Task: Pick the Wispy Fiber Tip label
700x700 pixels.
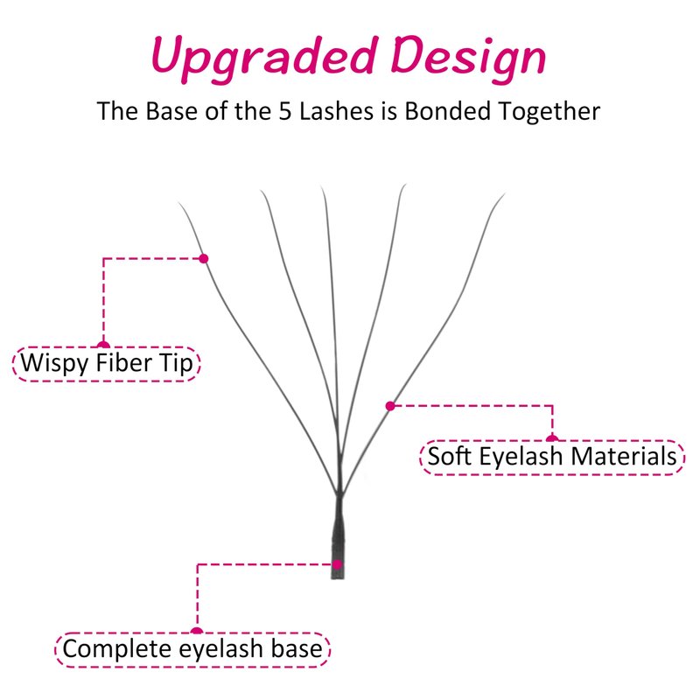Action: (x=107, y=363)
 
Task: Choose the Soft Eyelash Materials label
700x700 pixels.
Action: (x=552, y=457)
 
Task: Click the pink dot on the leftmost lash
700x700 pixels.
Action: (x=203, y=258)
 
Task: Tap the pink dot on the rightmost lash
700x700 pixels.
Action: (x=390, y=405)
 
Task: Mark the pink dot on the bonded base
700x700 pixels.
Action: (x=337, y=564)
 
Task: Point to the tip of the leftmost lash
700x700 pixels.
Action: (x=179, y=204)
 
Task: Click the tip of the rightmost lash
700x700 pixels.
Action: (x=504, y=194)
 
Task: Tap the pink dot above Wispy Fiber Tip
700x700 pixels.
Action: (x=103, y=345)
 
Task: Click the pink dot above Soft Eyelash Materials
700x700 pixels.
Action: (x=552, y=438)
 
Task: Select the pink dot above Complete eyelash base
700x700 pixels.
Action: (x=197, y=630)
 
